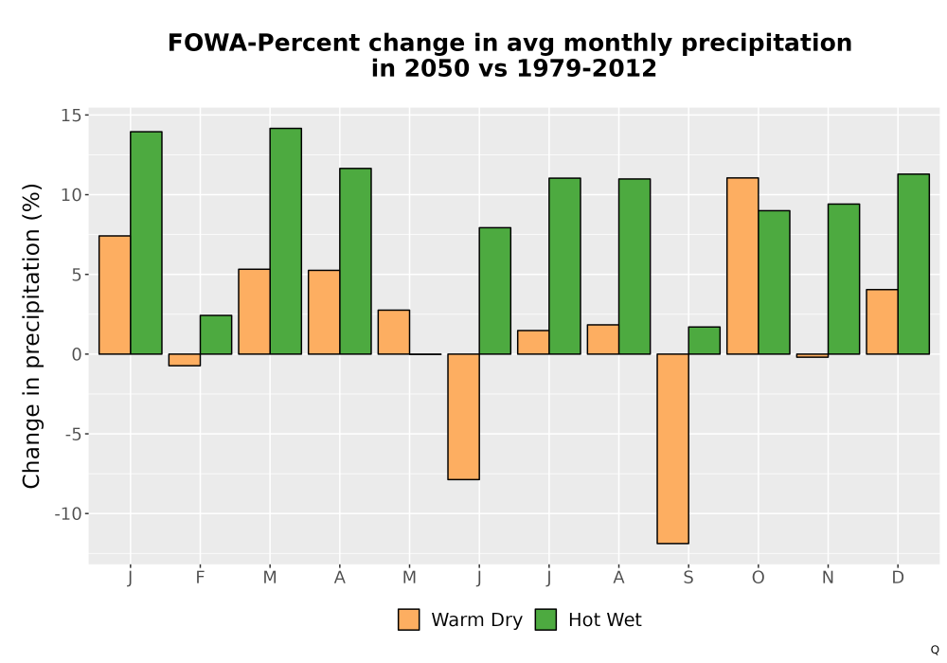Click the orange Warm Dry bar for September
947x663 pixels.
pos(672,449)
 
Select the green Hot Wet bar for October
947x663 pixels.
pos(774,282)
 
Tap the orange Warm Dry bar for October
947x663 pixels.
pos(742,266)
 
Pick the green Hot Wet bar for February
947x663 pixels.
pos(216,334)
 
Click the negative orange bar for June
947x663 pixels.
pos(463,417)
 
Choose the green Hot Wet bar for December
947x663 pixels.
pos(913,264)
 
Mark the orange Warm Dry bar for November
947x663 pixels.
pos(813,356)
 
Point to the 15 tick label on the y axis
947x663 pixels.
pos(71,116)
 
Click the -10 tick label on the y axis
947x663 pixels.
pos(67,514)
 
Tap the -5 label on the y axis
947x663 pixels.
pos(73,434)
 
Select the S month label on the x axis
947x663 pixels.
pos(688,578)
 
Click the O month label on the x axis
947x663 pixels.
pos(758,578)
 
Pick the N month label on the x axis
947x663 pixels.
pos(828,578)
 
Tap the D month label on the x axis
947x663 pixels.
pos(898,578)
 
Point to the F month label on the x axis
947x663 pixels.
pos(200,578)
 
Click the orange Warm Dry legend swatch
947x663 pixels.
pos(409,619)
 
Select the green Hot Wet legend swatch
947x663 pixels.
pos(545,619)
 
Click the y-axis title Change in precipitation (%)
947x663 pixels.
pos(31,335)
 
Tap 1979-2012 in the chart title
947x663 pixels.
pos(586,68)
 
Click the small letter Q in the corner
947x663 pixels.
pos(935,650)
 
